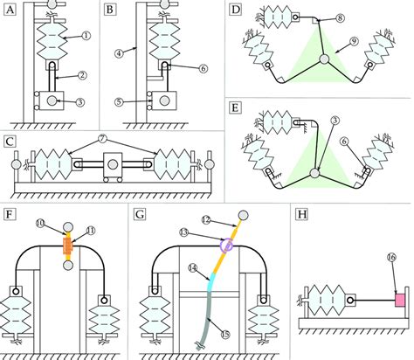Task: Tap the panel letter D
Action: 235,11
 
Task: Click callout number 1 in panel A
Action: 84,38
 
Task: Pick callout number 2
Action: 80,77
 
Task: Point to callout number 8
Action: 315,17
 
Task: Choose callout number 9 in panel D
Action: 355,39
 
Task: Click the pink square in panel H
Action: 401,301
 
